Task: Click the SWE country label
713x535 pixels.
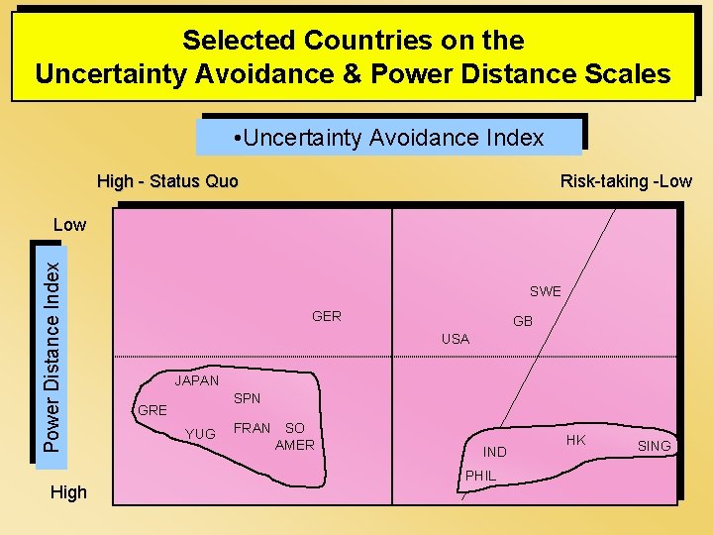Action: [545, 291]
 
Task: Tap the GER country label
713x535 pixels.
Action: [326, 316]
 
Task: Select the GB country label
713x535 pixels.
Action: [523, 322]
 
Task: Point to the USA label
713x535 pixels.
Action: [455, 339]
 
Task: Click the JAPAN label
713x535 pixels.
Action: [196, 380]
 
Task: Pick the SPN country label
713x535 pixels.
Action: [247, 398]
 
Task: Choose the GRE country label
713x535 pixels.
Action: [153, 410]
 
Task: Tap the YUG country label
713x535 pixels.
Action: [200, 434]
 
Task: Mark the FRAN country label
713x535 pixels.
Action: [252, 428]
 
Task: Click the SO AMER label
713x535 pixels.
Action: [294, 436]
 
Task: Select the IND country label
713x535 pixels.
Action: [495, 452]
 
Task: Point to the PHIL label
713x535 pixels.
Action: [480, 476]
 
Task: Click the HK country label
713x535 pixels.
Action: [575, 439]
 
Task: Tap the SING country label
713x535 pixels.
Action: [654, 446]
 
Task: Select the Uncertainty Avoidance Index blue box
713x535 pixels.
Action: [388, 138]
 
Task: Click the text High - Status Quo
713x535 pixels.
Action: [167, 181]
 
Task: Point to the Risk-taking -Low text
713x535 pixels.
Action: [626, 181]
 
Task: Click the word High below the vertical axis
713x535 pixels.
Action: [68, 492]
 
